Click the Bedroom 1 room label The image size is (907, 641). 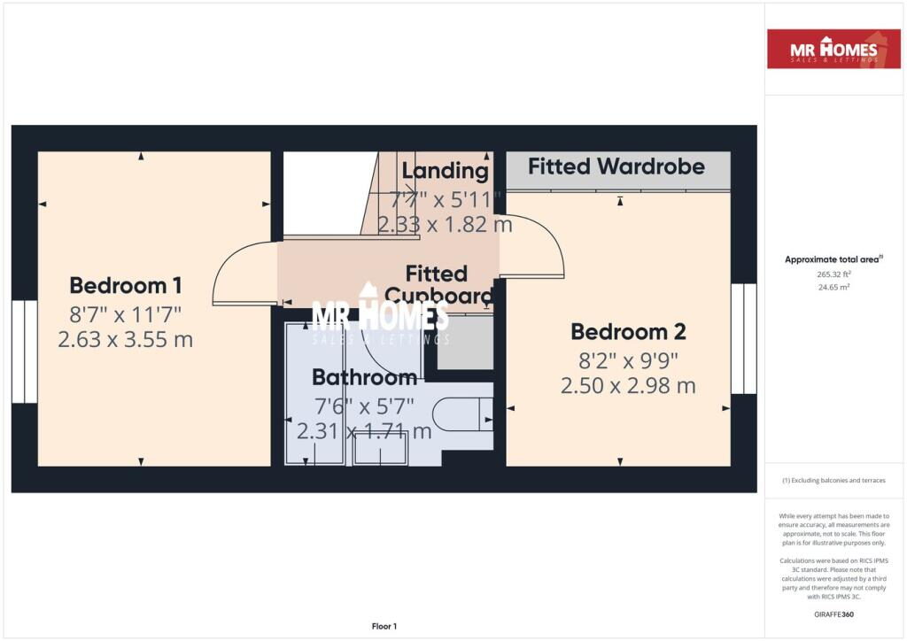pos(126,285)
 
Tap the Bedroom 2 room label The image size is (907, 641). pos(628,332)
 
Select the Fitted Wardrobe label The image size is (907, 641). pos(616,166)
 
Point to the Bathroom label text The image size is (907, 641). pos(364,378)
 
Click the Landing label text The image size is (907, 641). pos(445,171)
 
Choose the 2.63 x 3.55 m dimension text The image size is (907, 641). pos(125,339)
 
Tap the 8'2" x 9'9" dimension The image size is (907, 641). pos(628,360)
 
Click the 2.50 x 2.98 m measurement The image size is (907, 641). pos(628,386)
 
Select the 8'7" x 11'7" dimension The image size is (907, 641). pos(125,313)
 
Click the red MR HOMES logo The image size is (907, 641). pos(834,49)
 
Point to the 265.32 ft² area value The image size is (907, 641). pos(833,274)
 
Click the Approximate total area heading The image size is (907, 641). pos(833,259)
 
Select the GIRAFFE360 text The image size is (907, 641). pos(833,614)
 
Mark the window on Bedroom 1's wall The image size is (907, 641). pos(24,351)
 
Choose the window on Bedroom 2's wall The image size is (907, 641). pos(744,339)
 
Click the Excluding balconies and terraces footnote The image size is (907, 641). pos(833,481)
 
